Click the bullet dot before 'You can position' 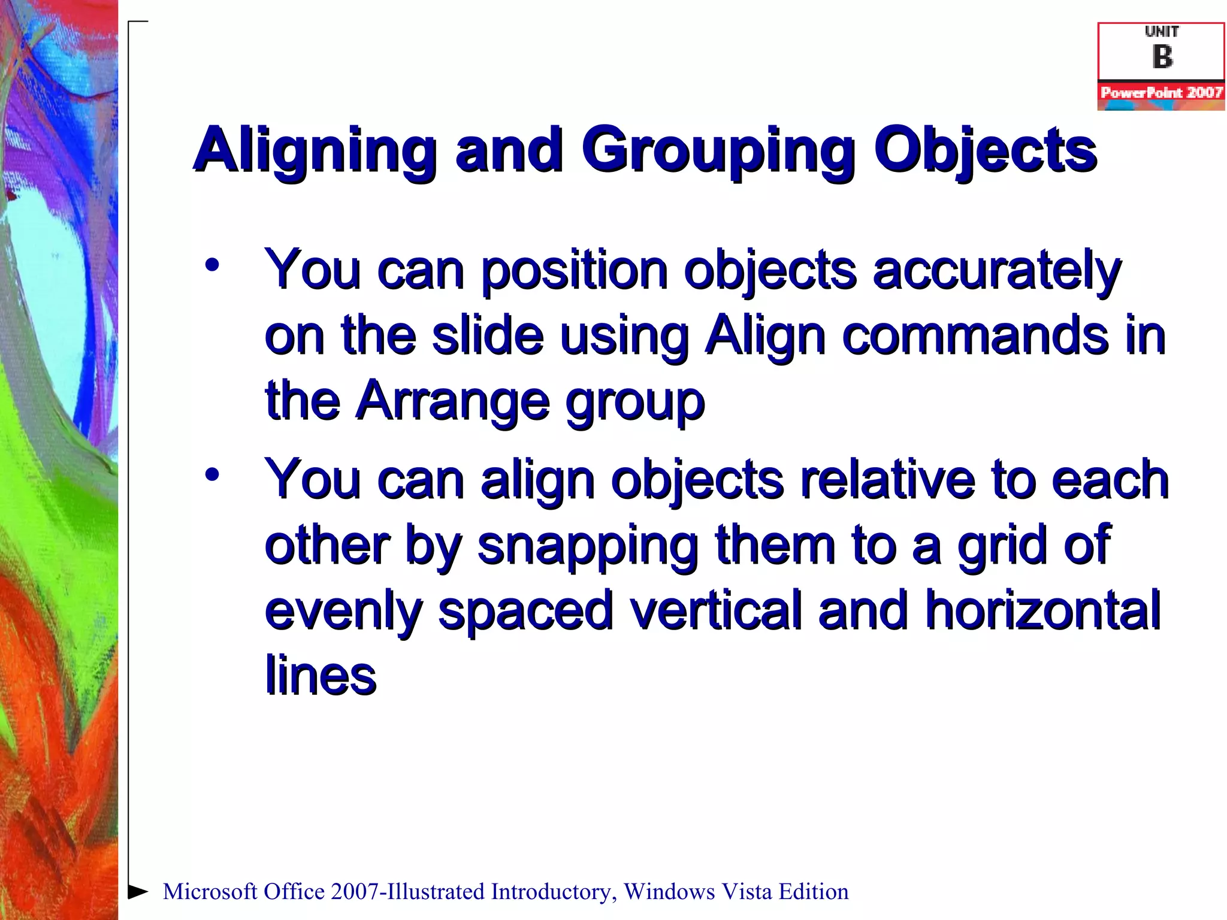pos(211,265)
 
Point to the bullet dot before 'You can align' pos(211,475)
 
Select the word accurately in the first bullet pos(997,271)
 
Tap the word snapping pos(587,546)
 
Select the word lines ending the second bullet pos(321,676)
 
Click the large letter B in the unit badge pos(1162,57)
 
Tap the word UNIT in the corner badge pos(1162,32)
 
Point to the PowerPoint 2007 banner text pos(1161,92)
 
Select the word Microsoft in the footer pos(210,892)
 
